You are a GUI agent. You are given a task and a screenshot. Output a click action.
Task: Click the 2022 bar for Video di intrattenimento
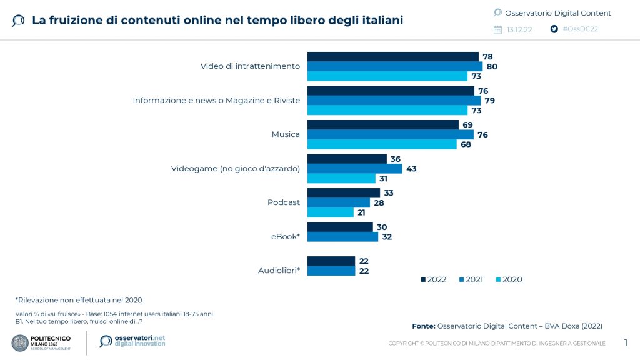point(392,56)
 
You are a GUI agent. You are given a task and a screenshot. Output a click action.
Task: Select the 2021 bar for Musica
point(391,134)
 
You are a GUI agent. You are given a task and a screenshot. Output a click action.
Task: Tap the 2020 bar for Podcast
point(330,212)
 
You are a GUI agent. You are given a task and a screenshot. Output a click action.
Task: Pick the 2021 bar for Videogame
point(354,169)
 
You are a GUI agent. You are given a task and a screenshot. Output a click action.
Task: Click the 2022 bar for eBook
point(340,227)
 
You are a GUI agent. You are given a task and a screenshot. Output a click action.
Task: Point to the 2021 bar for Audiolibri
point(331,271)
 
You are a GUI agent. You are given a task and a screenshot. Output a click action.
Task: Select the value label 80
point(492,66)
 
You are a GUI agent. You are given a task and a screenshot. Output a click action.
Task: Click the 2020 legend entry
point(509,280)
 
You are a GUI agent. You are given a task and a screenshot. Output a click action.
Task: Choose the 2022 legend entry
point(433,280)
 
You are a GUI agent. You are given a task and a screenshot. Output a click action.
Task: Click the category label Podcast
point(284,202)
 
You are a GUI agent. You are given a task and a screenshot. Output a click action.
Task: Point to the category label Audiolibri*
point(279,271)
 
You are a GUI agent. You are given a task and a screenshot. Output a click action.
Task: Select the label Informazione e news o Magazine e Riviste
point(216,100)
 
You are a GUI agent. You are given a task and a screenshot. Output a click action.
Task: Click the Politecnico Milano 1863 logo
point(41,343)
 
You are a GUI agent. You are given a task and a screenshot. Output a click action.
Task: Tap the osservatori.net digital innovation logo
point(132,341)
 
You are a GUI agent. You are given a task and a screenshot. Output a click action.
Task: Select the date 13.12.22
point(519,30)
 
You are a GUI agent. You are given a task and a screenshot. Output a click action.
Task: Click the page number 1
point(626,342)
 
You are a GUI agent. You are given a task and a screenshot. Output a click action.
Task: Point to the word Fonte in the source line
point(423,326)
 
